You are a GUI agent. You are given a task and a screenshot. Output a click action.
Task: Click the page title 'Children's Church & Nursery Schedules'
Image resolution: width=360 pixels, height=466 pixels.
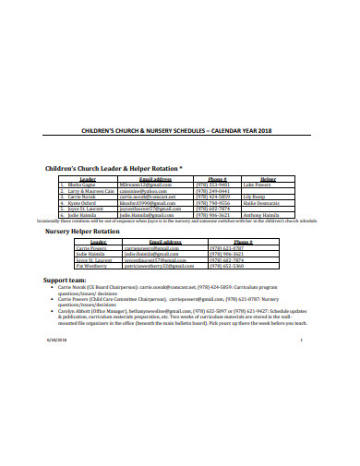(179, 130)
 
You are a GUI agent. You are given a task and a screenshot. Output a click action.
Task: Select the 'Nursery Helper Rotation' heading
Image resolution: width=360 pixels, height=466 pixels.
(82, 231)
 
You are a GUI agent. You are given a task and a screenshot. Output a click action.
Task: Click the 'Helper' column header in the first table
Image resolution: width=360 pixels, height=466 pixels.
(268, 179)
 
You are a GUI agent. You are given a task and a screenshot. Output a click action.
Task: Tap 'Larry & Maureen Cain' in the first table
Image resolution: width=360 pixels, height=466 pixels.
(89, 191)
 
